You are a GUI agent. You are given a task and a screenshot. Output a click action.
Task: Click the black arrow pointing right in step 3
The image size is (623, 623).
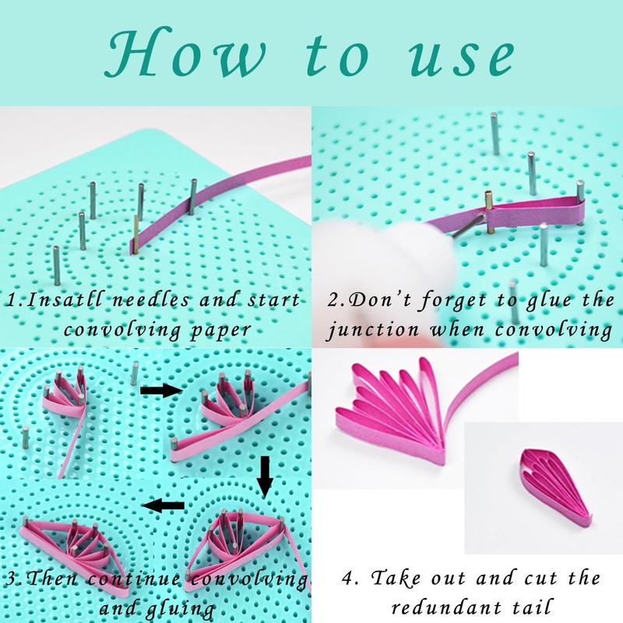pyautogui.click(x=161, y=391)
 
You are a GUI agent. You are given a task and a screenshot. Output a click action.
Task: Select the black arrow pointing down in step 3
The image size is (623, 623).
pyautogui.click(x=265, y=477)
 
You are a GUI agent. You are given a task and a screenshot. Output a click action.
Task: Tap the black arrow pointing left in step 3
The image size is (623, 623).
pyautogui.click(x=164, y=505)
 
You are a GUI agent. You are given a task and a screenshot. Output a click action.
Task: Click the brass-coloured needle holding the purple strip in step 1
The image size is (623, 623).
pyautogui.click(x=136, y=234)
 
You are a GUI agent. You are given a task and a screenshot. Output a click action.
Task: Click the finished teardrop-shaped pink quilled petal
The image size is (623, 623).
pyautogui.click(x=556, y=488)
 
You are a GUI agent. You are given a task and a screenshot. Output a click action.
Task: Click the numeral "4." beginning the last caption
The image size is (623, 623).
pyautogui.click(x=350, y=578)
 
